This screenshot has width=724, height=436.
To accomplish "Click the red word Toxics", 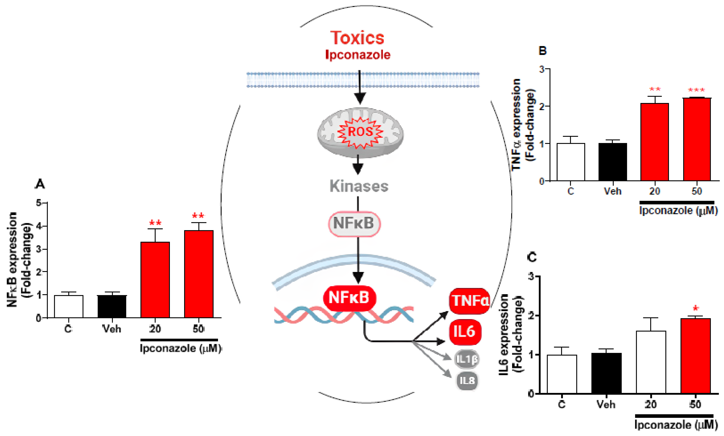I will [x=357, y=38].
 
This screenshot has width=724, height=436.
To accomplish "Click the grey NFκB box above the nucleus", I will [x=354, y=224].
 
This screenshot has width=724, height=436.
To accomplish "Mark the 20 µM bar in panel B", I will [x=654, y=142].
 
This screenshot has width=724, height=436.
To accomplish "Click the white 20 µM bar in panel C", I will [x=651, y=362].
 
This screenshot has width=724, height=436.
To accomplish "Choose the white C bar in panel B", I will [x=571, y=162].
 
